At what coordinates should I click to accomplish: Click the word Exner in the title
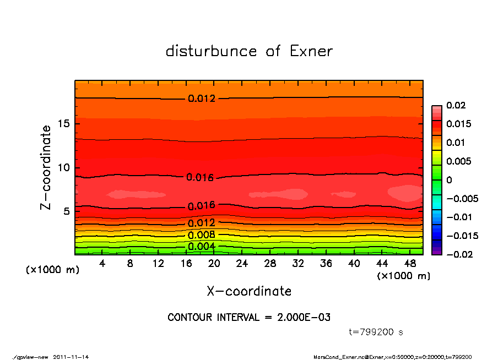tap(311, 51)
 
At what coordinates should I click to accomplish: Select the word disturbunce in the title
tap(211, 51)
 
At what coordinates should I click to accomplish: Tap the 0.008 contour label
tap(202, 235)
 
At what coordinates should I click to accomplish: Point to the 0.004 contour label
tap(202, 246)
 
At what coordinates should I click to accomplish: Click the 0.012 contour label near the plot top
tap(202, 99)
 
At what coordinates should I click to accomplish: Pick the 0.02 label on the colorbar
tap(455, 105)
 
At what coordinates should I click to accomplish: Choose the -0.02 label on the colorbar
tap(458, 254)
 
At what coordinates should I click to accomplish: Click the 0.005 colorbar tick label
tap(458, 161)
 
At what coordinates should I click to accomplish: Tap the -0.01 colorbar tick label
tap(458, 217)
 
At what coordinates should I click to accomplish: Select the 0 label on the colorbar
tap(449, 180)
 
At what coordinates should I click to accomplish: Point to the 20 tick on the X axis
tap(214, 264)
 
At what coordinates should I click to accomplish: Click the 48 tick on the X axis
tap(410, 264)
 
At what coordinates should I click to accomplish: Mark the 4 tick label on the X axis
tap(102, 264)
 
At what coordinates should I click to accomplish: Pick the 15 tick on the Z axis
tap(63, 124)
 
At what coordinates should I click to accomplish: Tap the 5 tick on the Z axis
tap(66, 211)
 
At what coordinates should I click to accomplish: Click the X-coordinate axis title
tap(249, 291)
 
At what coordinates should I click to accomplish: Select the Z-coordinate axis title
tap(46, 167)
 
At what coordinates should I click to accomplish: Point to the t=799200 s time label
tap(376, 332)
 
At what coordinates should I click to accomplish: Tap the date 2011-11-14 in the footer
tap(71, 357)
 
